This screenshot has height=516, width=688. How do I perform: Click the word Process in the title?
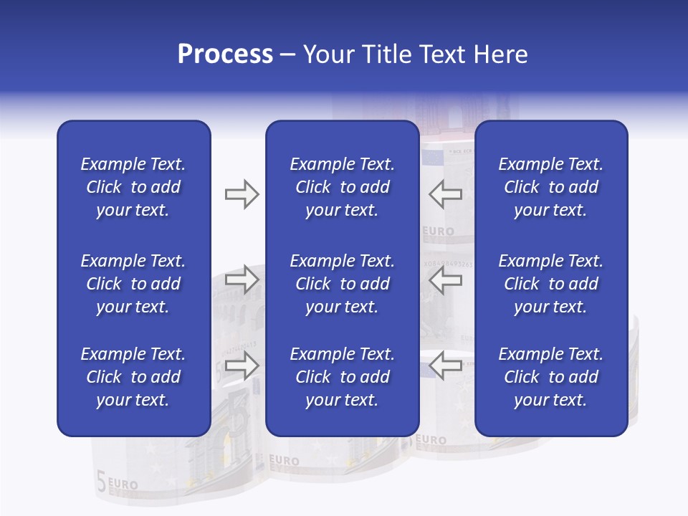click(225, 54)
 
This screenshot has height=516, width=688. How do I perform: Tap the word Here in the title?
click(500, 54)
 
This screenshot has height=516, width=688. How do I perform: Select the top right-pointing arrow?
click(242, 194)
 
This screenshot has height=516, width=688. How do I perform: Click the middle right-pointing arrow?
click(242, 279)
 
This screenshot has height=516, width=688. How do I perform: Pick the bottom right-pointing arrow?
click(242, 366)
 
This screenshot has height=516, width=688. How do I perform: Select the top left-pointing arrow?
click(445, 194)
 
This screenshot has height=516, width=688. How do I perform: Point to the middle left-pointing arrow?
click(445, 282)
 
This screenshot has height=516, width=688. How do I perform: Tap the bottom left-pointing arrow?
click(445, 366)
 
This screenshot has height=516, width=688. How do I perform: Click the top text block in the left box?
click(133, 187)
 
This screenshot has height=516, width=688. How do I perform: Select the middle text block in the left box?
click(133, 284)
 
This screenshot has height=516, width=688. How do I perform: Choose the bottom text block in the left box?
click(133, 377)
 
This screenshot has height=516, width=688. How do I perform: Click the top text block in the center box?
click(342, 187)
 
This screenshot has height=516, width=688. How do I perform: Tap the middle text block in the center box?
click(342, 284)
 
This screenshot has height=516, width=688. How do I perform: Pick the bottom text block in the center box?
click(342, 377)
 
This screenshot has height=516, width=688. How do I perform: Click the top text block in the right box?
click(550, 187)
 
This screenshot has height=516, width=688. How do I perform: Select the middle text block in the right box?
click(550, 284)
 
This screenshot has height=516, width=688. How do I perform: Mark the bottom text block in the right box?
click(550, 377)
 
